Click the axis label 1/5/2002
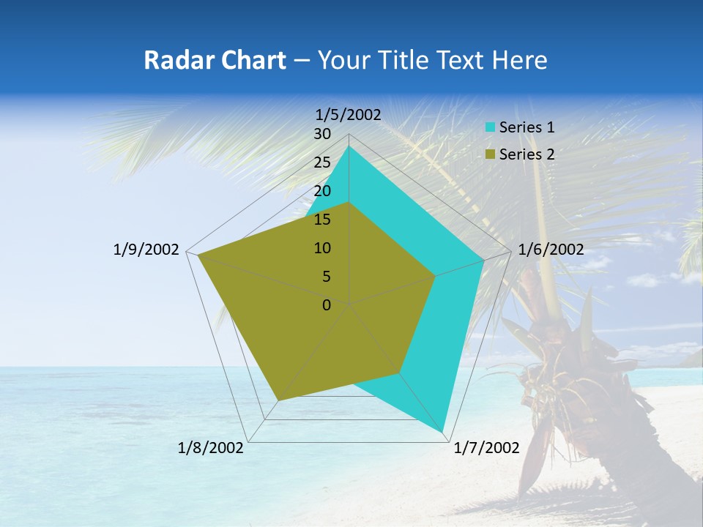348,115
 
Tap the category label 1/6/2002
551,250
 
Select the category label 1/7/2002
486,448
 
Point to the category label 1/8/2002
211,448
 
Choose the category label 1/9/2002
146,250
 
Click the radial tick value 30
321,134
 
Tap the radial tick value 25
321,162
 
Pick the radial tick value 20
321,191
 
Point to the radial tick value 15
321,220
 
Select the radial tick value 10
321,248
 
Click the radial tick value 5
326,277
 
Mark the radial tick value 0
326,305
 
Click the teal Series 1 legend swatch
490,127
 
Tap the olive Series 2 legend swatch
490,154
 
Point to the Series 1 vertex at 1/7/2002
444,432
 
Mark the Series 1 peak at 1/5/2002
349,146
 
